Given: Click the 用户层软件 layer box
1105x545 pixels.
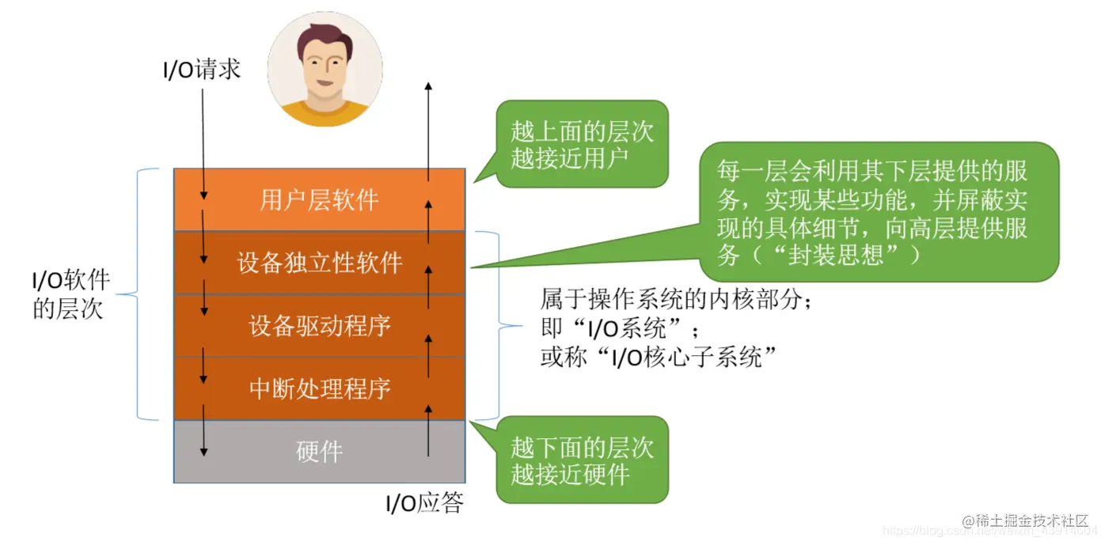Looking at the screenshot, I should click(x=319, y=199).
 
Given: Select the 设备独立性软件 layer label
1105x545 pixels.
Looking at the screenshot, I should click(x=319, y=263).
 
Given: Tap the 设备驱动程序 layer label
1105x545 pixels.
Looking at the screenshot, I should click(x=319, y=326).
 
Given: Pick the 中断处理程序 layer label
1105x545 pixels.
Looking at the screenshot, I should click(x=319, y=389).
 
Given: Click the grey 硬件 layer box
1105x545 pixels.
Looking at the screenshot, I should click(x=319, y=452).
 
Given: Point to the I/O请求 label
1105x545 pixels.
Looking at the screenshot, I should click(x=201, y=71).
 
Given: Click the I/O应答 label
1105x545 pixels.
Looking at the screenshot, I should click(x=423, y=503).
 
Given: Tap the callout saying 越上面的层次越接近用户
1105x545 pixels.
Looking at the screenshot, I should click(x=582, y=144).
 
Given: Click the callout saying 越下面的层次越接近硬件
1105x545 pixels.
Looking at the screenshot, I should click(x=582, y=460).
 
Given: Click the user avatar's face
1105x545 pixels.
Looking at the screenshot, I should click(x=324, y=67).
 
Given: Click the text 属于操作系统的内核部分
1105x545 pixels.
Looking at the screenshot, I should click(x=677, y=299).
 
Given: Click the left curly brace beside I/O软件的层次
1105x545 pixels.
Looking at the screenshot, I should click(x=143, y=294).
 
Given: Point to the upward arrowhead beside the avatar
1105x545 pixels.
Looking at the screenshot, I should click(x=428, y=85).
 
